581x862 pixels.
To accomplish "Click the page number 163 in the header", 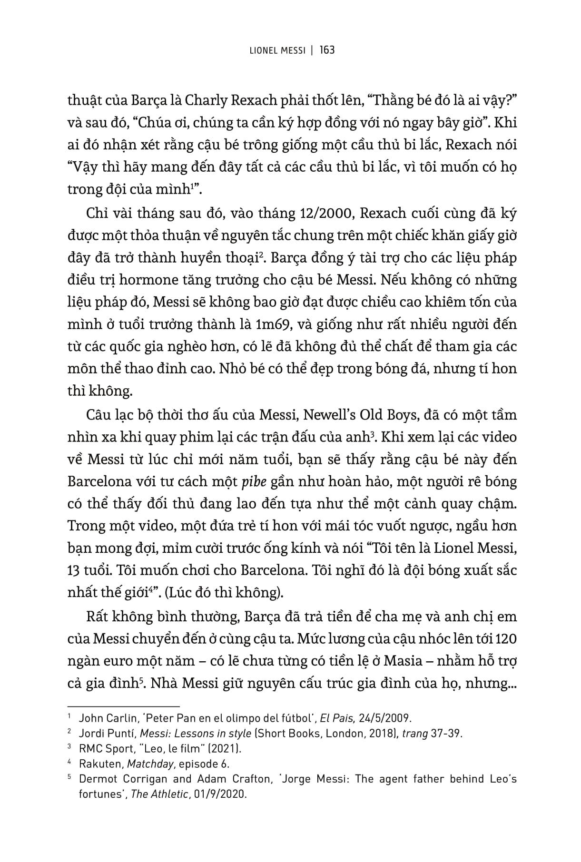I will (x=327, y=50).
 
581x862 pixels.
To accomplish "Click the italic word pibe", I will (x=253, y=481).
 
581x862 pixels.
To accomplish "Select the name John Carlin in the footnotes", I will (x=103, y=718).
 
